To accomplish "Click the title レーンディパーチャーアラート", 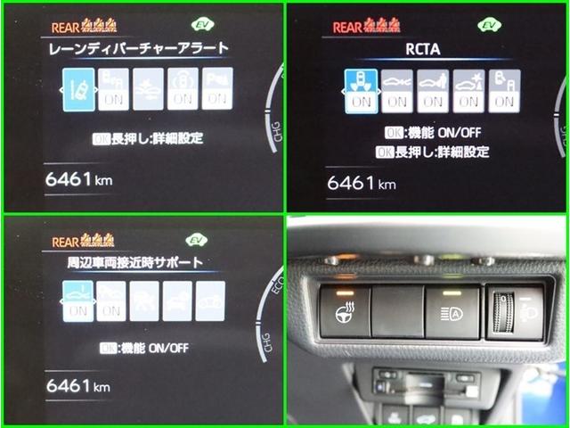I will click(x=139, y=48).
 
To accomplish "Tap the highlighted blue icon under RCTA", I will click(x=362, y=91).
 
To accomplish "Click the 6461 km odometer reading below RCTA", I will click(x=361, y=184).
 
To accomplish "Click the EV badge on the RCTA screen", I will click(x=487, y=26).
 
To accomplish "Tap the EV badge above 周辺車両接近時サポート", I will click(x=196, y=240).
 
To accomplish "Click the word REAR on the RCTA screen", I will click(x=347, y=27).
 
